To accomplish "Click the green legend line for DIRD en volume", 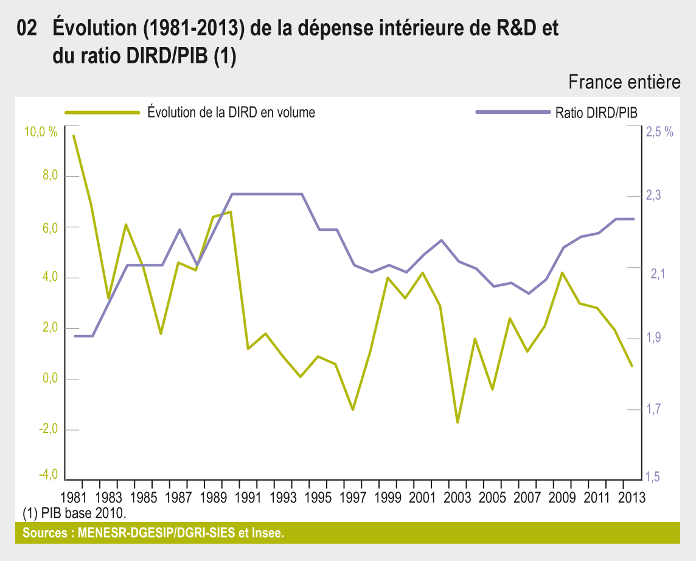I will pos(102,112).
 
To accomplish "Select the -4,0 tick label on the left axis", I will pos(47,475).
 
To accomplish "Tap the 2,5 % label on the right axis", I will pos(659,132).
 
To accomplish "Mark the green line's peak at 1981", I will pos(74,136).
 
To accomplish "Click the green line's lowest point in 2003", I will pos(458,422).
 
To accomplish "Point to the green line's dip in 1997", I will pos(353,410).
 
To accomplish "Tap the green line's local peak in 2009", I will pos(563,273).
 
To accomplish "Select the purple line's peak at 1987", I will pos(179,230).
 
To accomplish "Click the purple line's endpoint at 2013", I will pos(633,219).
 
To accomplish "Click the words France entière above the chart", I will pos(624,82).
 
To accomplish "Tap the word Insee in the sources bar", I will pos(268,534).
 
